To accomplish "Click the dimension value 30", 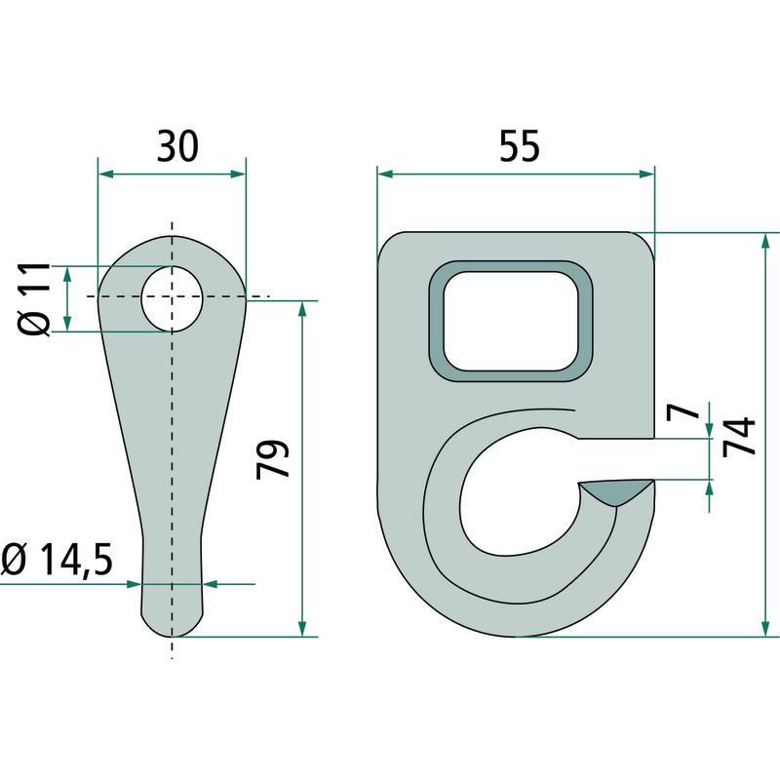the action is pyautogui.click(x=177, y=146).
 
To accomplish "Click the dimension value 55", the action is pyautogui.click(x=520, y=146).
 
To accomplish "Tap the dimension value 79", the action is pyautogui.click(x=273, y=458).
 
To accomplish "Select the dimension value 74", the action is pyautogui.click(x=739, y=437).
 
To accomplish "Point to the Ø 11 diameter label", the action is pyautogui.click(x=35, y=299).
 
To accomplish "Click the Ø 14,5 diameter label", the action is pyautogui.click(x=58, y=560).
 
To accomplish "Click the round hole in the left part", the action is pyautogui.click(x=173, y=298).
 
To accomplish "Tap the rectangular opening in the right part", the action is pyautogui.click(x=511, y=321).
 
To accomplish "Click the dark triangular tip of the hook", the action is pyautogui.click(x=616, y=491).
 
